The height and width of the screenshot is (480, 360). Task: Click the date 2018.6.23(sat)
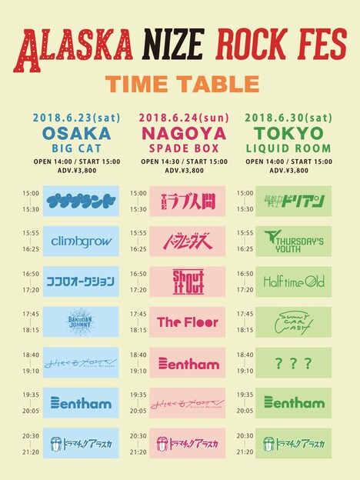75,118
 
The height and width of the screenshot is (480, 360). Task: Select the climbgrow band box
81,242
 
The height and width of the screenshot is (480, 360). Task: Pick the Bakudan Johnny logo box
81,322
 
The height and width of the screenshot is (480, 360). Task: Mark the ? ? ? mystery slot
294,362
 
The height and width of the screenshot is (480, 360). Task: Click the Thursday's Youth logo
294,242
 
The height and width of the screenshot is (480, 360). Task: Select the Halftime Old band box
294,282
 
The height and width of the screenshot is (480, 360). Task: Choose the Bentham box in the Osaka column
81,402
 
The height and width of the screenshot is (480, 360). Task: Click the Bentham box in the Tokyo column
294,402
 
